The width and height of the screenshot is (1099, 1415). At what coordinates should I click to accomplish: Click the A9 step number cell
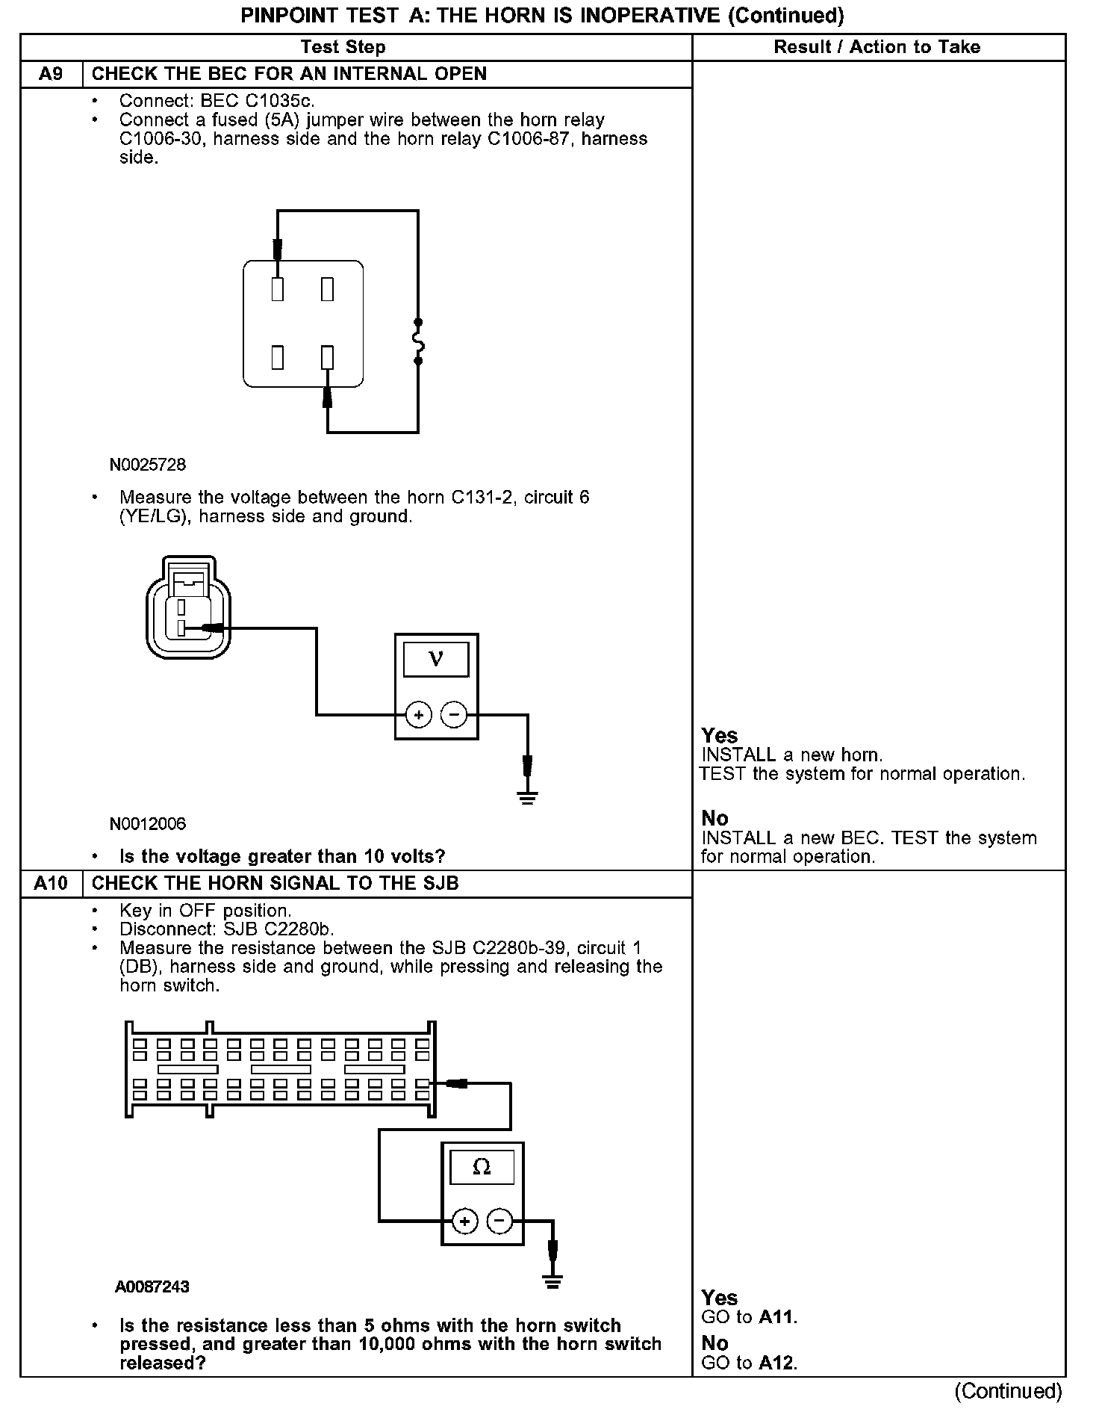click(x=51, y=74)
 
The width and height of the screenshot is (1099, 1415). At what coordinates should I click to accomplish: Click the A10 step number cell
click(x=51, y=883)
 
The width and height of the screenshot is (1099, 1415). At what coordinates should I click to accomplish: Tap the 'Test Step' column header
click(x=343, y=47)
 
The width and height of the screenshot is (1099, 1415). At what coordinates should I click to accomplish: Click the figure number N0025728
click(x=147, y=465)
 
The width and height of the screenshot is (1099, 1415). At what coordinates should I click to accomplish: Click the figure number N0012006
click(x=147, y=823)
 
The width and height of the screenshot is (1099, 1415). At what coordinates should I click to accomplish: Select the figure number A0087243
click(x=152, y=1286)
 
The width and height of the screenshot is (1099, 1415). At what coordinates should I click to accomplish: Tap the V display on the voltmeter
click(x=436, y=659)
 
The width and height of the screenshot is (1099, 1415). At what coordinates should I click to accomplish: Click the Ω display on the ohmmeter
click(x=482, y=1167)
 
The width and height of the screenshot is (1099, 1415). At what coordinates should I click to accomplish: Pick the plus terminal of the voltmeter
click(x=419, y=715)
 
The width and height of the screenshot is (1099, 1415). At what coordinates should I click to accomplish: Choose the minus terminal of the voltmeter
click(x=453, y=715)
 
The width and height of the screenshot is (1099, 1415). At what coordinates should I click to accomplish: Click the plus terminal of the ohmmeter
click(x=464, y=1222)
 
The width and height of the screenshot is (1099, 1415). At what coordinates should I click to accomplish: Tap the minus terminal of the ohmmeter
click(x=499, y=1222)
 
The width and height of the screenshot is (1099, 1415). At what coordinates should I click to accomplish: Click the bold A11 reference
click(x=776, y=1317)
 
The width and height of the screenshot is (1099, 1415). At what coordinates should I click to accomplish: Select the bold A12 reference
click(x=776, y=1363)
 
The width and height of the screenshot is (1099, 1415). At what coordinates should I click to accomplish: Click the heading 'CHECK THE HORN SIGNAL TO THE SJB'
click(x=275, y=883)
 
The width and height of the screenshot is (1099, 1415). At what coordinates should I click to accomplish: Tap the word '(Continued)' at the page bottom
click(x=1007, y=1390)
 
